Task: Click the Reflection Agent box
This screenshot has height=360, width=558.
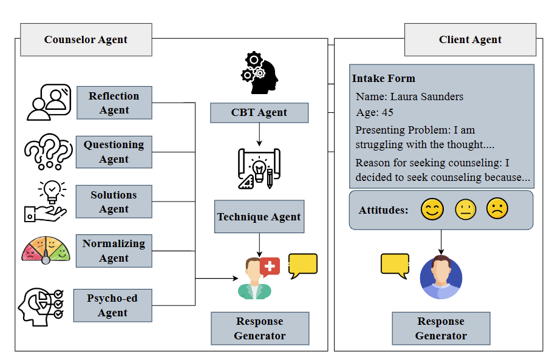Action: tap(114, 103)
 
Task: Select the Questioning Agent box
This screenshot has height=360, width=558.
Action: tap(114, 152)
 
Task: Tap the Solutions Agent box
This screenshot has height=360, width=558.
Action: tap(114, 202)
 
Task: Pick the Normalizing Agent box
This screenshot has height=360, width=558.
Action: tap(114, 251)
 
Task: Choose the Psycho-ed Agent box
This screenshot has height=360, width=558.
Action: tap(113, 305)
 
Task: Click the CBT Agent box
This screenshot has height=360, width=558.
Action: tap(259, 113)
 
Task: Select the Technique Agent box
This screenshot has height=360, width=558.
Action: tap(259, 217)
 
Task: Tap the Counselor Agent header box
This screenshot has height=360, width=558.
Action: tap(86, 39)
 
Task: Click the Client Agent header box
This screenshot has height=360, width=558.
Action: tap(470, 39)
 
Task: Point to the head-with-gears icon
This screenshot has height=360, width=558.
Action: tap(259, 73)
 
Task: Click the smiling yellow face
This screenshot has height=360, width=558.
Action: tap(432, 209)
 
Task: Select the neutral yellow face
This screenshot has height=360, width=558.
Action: tap(466, 209)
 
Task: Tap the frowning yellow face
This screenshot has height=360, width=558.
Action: tap(497, 208)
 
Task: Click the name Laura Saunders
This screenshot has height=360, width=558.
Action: tap(427, 97)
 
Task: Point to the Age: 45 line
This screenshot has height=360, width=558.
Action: tap(375, 112)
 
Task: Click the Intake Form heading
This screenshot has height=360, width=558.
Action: tap(384, 78)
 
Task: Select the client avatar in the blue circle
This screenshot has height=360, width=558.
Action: tap(441, 277)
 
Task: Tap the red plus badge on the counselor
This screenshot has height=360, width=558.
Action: tap(270, 267)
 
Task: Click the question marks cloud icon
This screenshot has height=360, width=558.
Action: tap(49, 152)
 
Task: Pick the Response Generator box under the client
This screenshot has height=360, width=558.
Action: tap(441, 328)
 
